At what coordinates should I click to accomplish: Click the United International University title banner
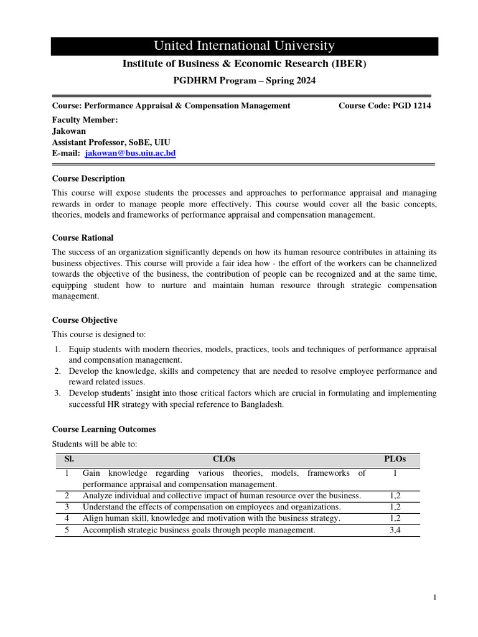point(244,46)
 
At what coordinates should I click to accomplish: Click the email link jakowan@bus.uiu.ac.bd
point(130,153)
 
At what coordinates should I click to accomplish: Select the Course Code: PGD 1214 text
point(384,106)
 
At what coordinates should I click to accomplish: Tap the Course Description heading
point(88,179)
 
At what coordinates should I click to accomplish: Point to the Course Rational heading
point(83,238)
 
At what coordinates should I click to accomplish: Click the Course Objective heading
point(85,320)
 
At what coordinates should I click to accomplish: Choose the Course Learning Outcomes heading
point(104,429)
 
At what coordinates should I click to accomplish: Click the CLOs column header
point(223,459)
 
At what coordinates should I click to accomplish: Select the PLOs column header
point(395,459)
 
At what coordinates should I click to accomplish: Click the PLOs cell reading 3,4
point(395,530)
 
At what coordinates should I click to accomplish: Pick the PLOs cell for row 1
point(395,474)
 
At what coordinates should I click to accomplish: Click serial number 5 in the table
point(67,530)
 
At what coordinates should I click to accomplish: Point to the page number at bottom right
point(436,597)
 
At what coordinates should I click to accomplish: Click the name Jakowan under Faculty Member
point(68,131)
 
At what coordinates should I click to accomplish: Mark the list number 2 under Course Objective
point(57,371)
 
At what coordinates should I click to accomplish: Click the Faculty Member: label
point(85,120)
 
